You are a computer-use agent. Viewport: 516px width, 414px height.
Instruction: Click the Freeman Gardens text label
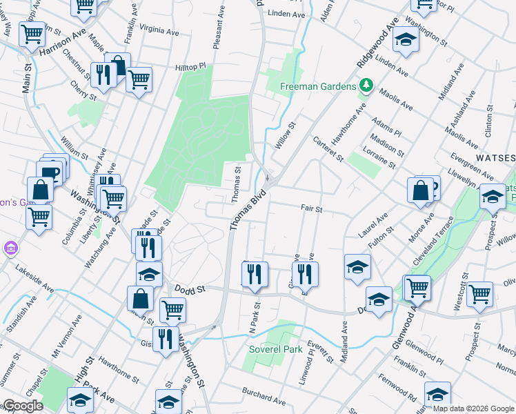pyautogui.click(x=318, y=87)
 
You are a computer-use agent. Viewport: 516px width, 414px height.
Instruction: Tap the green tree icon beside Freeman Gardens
pyautogui.click(x=367, y=86)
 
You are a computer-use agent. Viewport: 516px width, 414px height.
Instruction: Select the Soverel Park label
pyautogui.click(x=276, y=349)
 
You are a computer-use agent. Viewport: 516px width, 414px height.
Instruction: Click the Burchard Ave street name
pyautogui.click(x=263, y=395)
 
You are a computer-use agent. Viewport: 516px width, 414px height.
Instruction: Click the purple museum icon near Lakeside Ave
pyautogui.click(x=10, y=247)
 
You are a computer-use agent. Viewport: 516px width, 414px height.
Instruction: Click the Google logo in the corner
pyautogui.click(x=23, y=406)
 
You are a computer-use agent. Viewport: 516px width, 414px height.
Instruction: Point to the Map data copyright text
pyautogui.click(x=473, y=408)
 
